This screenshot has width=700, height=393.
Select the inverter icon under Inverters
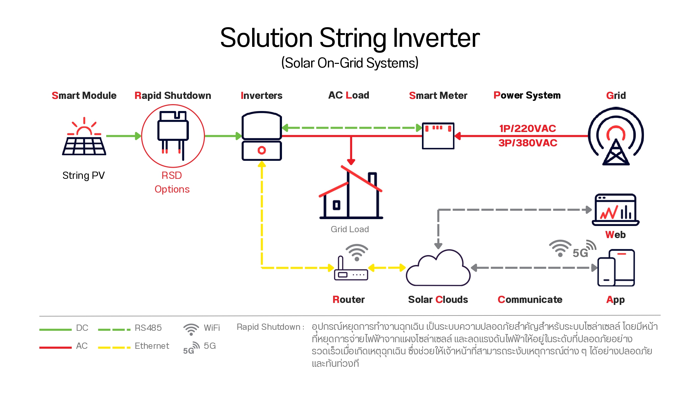pos(262,136)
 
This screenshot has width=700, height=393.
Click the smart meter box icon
pos(438,136)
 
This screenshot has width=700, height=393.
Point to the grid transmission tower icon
pos(616,138)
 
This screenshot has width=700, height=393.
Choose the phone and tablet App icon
pos(616,268)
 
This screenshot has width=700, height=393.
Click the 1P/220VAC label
pos(528,128)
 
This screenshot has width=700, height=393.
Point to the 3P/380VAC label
pos(528,143)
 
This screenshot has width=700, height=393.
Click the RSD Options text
pos(172,182)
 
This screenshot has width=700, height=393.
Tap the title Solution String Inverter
pos(350,38)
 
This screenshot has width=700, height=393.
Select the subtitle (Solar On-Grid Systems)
pos(350,63)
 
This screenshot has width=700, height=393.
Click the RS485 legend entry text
pos(148,328)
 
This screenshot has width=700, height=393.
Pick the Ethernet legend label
pos(152,346)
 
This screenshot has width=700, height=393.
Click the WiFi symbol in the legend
pos(191,329)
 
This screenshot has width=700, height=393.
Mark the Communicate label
pos(530,300)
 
